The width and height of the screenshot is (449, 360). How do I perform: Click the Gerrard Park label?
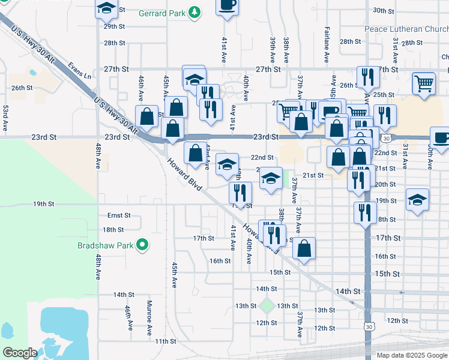[x=161, y=13]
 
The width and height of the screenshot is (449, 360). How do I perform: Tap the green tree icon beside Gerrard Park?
[x=194, y=12]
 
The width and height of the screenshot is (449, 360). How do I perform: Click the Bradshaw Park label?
[x=106, y=245]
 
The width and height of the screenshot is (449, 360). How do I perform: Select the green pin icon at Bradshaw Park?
[x=142, y=245]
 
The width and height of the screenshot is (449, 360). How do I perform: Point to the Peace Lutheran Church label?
[x=406, y=29]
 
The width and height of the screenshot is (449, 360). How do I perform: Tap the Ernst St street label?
[x=119, y=215]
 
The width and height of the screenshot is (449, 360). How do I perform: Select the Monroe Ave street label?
[x=149, y=316]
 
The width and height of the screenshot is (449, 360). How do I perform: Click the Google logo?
[x=20, y=353]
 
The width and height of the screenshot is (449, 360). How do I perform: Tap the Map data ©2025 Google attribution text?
[x=411, y=355]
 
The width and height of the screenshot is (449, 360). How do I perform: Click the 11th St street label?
[x=165, y=341]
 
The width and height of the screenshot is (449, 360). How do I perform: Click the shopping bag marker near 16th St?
[x=304, y=249]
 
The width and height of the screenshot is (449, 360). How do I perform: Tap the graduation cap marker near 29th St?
[x=106, y=9]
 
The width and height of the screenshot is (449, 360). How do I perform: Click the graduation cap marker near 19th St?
[x=418, y=200]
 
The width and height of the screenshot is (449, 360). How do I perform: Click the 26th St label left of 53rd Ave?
[x=21, y=88]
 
